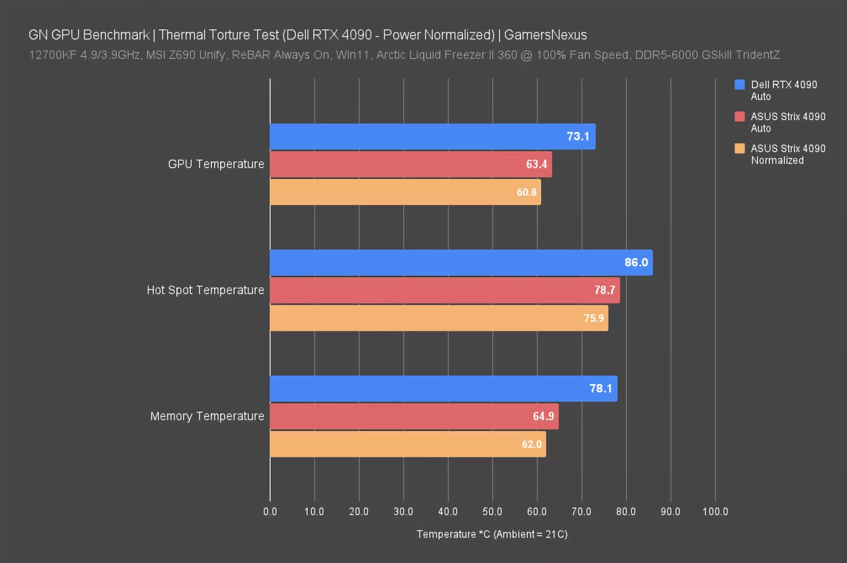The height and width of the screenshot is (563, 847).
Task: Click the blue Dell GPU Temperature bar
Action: coord(432,136)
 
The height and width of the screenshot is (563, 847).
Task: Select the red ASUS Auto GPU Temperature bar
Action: coord(410,164)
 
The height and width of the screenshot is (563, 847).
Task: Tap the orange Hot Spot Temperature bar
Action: coord(438,318)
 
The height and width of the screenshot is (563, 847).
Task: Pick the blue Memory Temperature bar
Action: coord(443,388)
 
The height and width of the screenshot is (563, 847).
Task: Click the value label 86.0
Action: coord(636,263)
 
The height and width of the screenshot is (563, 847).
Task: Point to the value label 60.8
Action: coord(526,192)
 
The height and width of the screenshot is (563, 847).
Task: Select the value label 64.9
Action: coord(543,417)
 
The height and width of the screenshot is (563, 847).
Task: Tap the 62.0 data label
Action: coord(531,444)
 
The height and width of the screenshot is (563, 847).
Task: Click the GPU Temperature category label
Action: coord(216,164)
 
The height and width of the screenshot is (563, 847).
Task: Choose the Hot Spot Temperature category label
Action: coord(205,290)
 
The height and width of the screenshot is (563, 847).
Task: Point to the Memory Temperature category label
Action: coord(207,417)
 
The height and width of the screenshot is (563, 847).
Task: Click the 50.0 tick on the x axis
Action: coord(492,512)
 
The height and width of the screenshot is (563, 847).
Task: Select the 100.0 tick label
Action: coord(715,512)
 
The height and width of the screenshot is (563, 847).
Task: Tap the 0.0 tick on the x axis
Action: coord(270,512)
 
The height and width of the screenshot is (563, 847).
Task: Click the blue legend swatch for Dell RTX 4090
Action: coord(739,84)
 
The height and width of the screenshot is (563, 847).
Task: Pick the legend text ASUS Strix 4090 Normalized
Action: coord(788,155)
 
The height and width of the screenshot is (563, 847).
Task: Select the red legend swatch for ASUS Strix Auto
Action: coord(739,116)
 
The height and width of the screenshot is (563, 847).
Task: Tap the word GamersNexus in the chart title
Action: coord(545,35)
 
